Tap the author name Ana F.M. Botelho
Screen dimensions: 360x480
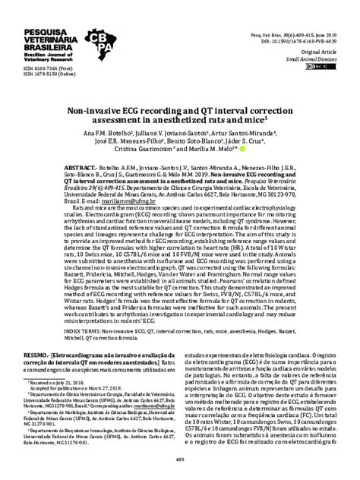(x=122, y=132)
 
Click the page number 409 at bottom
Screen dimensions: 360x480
(x=180, y=459)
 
